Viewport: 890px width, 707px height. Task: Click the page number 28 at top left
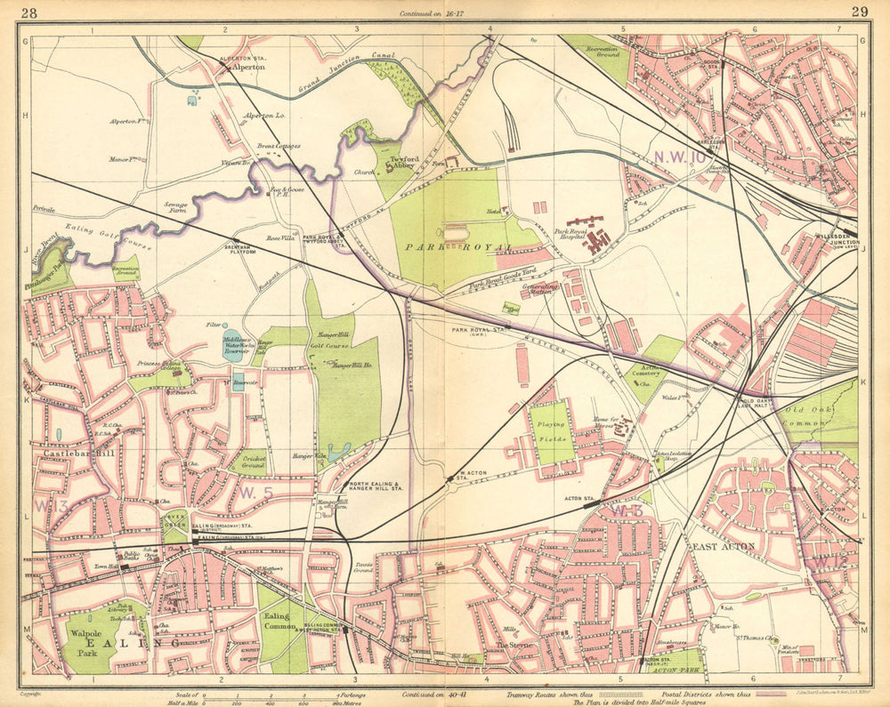tap(28, 12)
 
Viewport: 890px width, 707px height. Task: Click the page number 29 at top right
tap(859, 12)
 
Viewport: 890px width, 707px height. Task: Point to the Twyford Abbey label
tap(410, 161)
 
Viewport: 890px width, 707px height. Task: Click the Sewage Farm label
tap(174, 207)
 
